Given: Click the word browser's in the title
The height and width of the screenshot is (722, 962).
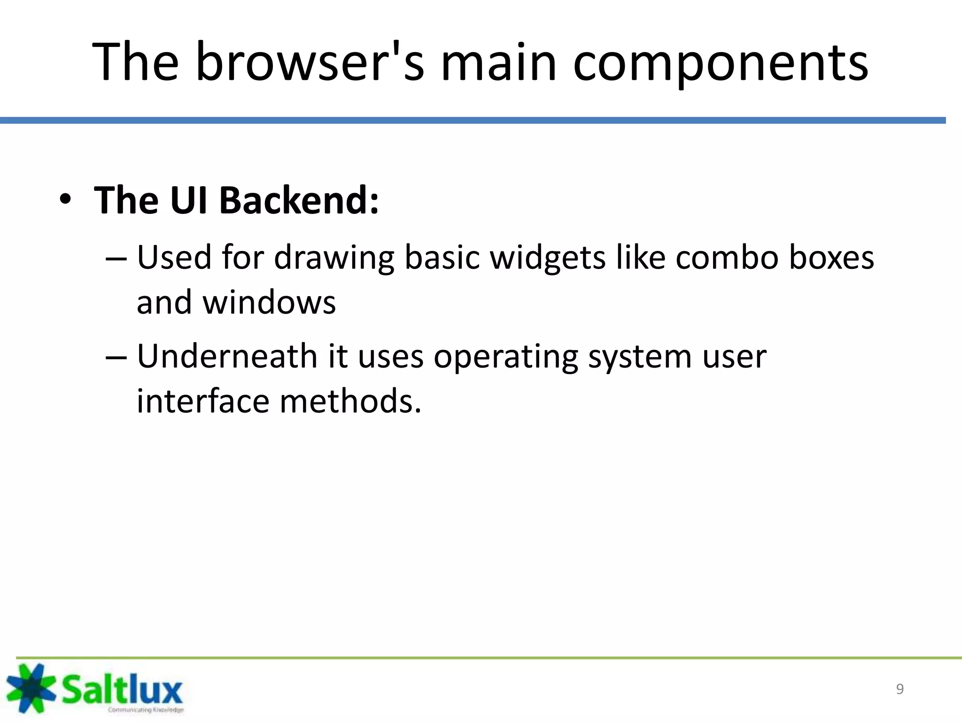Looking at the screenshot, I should pyautogui.click(x=309, y=62).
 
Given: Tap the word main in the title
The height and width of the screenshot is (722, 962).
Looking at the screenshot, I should pyautogui.click(x=498, y=62).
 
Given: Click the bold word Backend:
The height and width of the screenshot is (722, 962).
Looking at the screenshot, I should pyautogui.click(x=299, y=200).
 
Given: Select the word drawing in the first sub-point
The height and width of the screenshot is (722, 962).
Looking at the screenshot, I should pyautogui.click(x=334, y=259).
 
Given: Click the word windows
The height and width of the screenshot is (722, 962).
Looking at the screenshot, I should pyautogui.click(x=269, y=302).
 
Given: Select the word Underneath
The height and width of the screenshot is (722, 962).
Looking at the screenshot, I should pyautogui.click(x=227, y=356).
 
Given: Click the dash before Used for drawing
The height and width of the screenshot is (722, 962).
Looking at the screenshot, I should pyautogui.click(x=116, y=259).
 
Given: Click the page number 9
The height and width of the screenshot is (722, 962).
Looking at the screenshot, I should pyautogui.click(x=900, y=689).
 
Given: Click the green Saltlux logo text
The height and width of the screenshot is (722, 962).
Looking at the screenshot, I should pyautogui.click(x=122, y=689).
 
